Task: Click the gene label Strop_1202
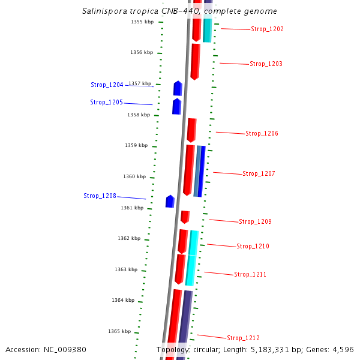pos(267,29)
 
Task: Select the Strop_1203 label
pos(266,64)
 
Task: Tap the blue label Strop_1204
pos(107,85)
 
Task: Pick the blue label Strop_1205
pos(106,103)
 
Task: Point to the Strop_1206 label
pos(262,133)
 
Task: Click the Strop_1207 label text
pos(259,174)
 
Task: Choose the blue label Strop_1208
pos(100,196)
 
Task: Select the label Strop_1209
pos(255,222)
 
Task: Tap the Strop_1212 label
pos(243,338)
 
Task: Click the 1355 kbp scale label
pos(142,22)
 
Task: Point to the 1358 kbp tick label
pos(139,115)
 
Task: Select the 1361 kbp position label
pos(132,208)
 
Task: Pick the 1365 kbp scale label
pos(119,331)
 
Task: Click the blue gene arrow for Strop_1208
pos(170,202)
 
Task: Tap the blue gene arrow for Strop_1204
pos(178,88)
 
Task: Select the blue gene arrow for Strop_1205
pos(176,106)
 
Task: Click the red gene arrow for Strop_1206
pos(191,130)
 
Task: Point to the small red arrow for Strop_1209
pos(185,217)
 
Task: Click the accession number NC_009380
pos(46,349)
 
